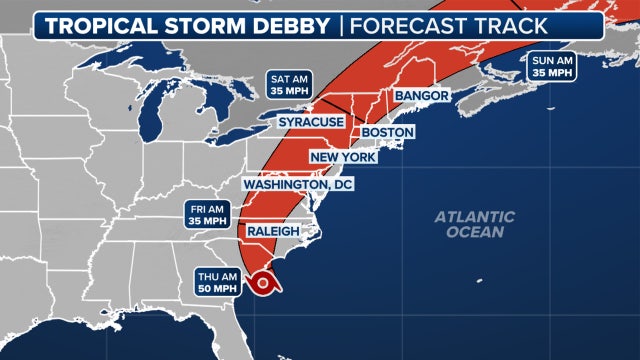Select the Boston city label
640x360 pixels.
click(x=387, y=132)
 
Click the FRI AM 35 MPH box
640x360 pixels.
click(x=210, y=214)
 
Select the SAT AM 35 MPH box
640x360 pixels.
click(x=289, y=83)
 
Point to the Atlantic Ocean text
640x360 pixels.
click(x=474, y=224)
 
